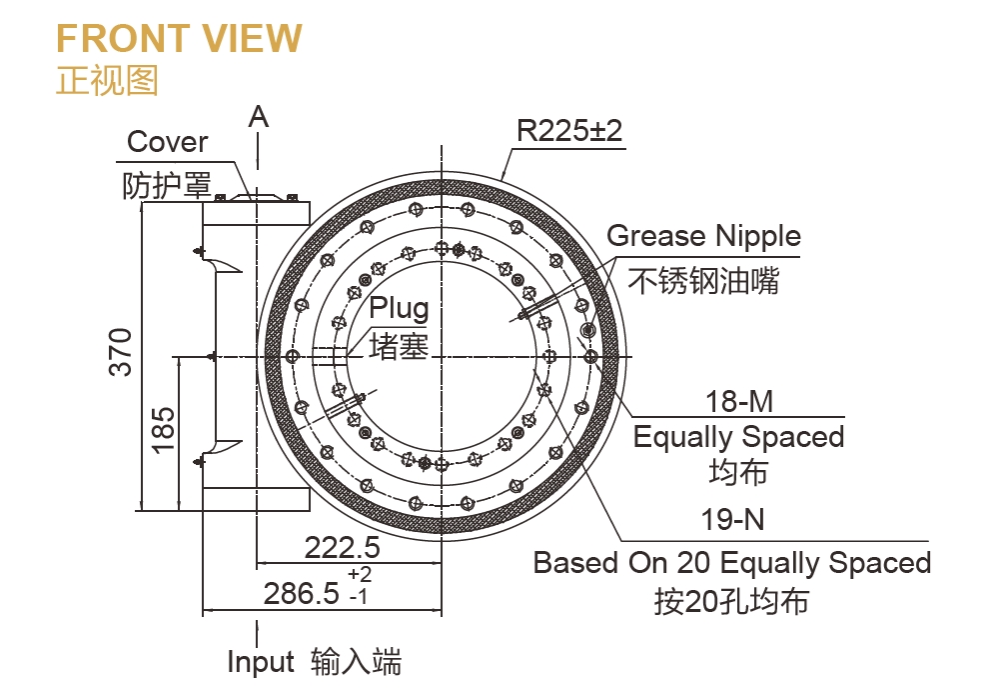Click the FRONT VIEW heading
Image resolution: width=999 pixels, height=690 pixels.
[179, 38]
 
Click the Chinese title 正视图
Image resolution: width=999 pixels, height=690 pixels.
[107, 80]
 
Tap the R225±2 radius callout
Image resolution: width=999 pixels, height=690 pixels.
[569, 131]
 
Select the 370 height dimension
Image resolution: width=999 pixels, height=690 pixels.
[121, 351]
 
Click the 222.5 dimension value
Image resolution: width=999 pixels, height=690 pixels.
[342, 548]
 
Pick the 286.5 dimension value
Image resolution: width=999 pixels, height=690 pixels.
[302, 594]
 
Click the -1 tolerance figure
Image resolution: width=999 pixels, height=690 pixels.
[360, 597]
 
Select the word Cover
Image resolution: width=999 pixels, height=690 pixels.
[168, 142]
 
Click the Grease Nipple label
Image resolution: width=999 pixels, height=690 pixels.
[703, 236]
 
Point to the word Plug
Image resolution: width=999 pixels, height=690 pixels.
[399, 308]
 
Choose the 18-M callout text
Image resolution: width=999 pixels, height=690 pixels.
[739, 402]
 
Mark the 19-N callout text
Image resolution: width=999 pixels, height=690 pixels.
[734, 520]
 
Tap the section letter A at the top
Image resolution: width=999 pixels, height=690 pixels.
[259, 117]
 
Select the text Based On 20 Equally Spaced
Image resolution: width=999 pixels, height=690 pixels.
[731, 562]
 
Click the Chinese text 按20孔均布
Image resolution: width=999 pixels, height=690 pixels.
[731, 601]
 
